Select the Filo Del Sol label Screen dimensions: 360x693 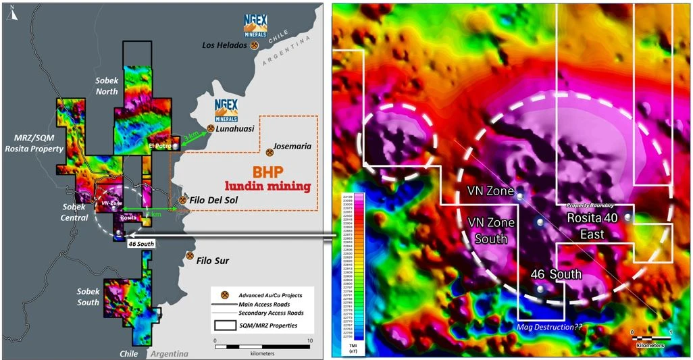click(213, 201)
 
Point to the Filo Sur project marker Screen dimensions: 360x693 click(190, 257)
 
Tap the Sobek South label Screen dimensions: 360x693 click(88, 297)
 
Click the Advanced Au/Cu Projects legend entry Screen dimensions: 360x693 click(267, 295)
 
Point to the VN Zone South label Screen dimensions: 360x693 click(491, 230)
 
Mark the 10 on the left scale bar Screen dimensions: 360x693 click(309, 340)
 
